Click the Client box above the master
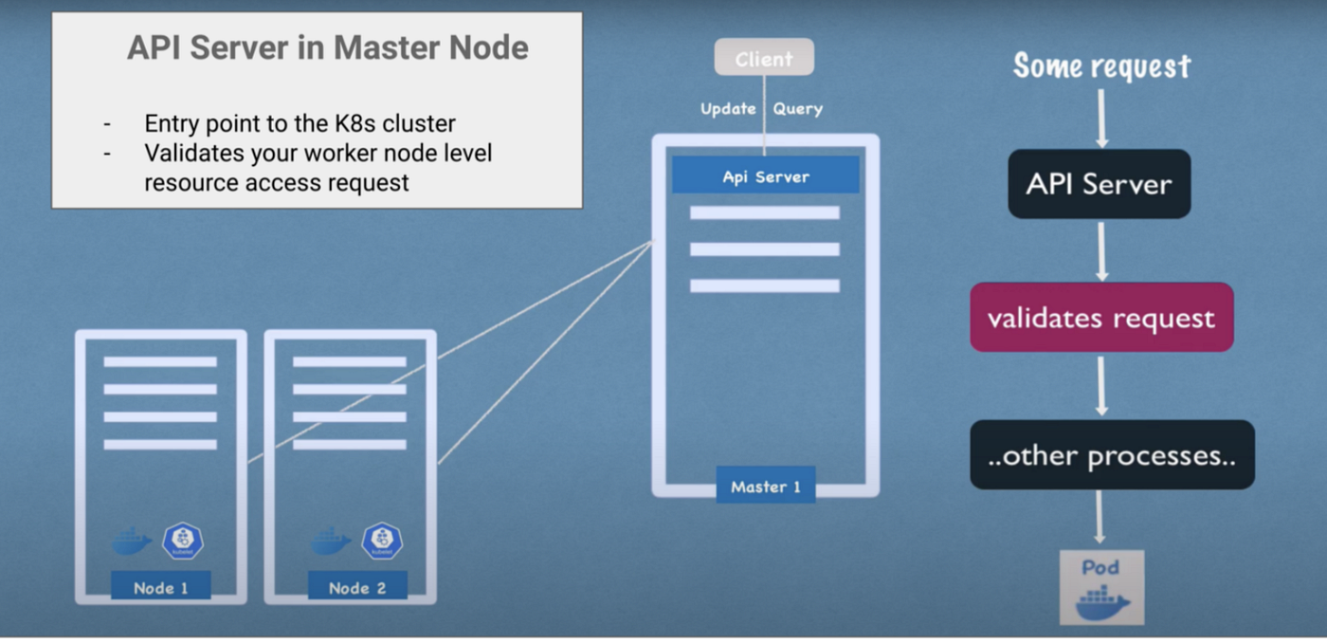[x=764, y=58]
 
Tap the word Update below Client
[x=728, y=109]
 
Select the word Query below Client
[x=797, y=109]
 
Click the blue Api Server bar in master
[x=765, y=176]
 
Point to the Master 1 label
[x=765, y=487]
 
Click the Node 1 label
[x=160, y=587]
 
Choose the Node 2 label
[x=357, y=587]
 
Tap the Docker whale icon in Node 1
[x=132, y=542]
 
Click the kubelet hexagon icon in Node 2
[x=382, y=541]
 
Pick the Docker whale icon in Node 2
[x=331, y=542]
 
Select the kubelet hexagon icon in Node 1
[x=183, y=541]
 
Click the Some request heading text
[x=1101, y=66]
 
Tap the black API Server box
[x=1099, y=184]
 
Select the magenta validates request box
[x=1101, y=318]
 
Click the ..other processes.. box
[x=1112, y=455]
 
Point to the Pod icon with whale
[x=1101, y=588]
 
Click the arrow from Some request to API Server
[x=1101, y=119]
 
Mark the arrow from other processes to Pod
[x=1100, y=518]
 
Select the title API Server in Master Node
[x=327, y=47]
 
